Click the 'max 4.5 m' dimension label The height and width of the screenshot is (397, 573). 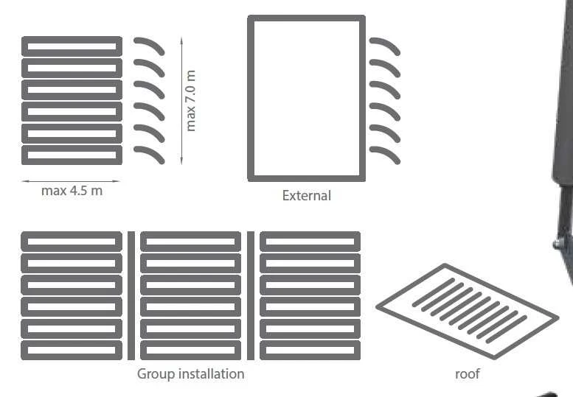pos(72,191)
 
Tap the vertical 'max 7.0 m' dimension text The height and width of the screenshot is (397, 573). pos(190,101)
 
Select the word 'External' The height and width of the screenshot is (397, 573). pos(307,196)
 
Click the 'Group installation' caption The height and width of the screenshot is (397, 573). pos(190,374)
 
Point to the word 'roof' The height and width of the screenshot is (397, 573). pos(468,374)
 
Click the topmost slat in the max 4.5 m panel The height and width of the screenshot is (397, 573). pos(72,46)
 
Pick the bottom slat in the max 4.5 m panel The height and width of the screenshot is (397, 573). pos(72,155)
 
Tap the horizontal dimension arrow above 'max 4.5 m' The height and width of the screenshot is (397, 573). pos(71,181)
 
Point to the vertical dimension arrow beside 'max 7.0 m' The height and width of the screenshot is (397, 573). pos(181,101)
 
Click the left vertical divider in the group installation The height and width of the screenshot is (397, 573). pos(131,295)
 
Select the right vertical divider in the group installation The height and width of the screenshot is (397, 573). pos(251,295)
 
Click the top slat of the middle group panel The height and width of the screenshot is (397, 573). pos(190,242)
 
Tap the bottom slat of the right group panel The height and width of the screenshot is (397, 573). pos(310,351)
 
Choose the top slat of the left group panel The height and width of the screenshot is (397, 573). pos(72,242)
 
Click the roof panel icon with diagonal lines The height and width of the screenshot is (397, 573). pos(468,312)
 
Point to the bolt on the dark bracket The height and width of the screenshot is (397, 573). pos(558,244)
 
